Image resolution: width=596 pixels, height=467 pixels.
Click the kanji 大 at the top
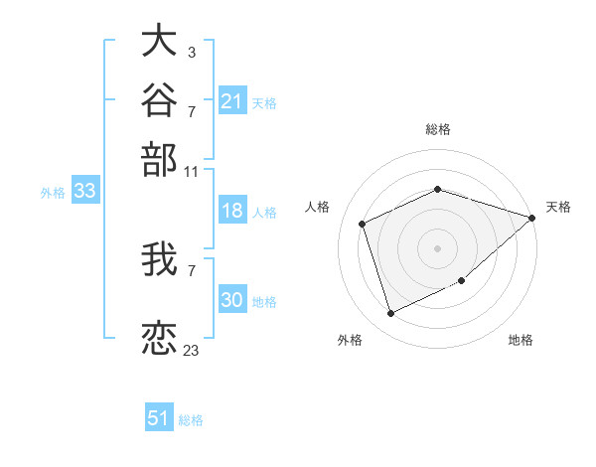tap(159, 40)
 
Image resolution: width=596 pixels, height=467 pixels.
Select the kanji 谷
tap(159, 99)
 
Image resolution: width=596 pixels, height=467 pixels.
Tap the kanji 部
tap(159, 160)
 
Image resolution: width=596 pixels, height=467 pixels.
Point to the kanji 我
tap(159, 259)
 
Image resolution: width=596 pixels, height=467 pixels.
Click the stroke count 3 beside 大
tap(192, 53)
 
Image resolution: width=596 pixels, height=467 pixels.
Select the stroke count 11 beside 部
tap(191, 172)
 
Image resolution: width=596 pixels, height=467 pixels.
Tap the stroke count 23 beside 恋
tap(191, 350)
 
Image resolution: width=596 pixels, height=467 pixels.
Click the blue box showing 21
tap(232, 100)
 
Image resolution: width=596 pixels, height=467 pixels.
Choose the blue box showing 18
tap(232, 210)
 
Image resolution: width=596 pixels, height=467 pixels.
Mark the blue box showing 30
tap(232, 298)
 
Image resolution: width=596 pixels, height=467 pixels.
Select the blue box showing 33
tap(85, 190)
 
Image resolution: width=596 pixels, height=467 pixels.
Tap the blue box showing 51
tap(159, 416)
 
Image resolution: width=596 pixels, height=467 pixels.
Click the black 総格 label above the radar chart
tap(438, 129)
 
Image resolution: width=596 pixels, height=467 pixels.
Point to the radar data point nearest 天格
tap(531, 218)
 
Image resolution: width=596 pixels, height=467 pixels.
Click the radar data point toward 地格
tap(462, 280)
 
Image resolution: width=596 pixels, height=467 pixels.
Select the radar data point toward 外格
tap(390, 313)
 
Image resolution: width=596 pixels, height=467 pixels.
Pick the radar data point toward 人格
tap(363, 224)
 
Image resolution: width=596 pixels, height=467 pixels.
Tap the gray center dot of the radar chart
tap(437, 248)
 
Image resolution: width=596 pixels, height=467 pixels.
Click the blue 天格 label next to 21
tap(264, 103)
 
